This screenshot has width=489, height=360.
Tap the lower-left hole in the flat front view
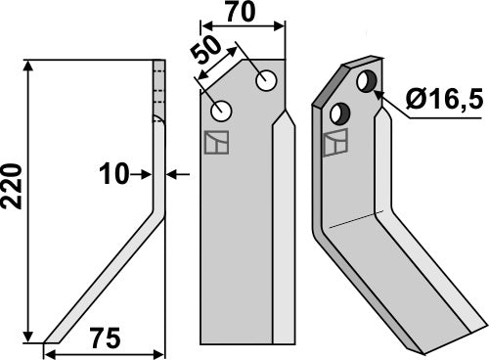click(221, 110)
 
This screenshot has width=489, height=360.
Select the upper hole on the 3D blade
click(368, 80)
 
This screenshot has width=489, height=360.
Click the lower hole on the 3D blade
click(342, 110)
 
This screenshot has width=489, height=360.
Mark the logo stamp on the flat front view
click(215, 142)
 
